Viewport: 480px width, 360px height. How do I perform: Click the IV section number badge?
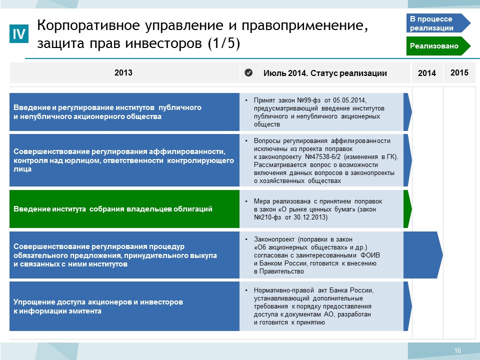coord(19,33)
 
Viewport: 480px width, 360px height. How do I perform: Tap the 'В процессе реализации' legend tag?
coord(438,23)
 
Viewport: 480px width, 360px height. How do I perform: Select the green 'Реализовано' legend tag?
coord(438,46)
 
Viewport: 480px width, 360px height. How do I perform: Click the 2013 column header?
coord(123,72)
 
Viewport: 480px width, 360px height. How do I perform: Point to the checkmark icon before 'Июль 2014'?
coord(248,72)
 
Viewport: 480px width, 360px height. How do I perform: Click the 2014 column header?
coord(427,73)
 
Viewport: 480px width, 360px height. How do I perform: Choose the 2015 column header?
coord(459,72)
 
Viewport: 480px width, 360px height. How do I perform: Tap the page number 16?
coord(457,350)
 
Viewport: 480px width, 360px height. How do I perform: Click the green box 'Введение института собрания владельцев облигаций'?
coord(124,209)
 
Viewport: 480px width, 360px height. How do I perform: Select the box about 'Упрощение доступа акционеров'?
coord(124,306)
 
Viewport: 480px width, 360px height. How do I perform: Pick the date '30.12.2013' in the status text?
coord(310,217)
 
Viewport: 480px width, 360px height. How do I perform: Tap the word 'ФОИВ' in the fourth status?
coord(370,255)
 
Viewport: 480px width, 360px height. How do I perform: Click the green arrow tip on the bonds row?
coord(411,209)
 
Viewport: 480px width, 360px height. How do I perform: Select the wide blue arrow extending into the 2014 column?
coord(423,255)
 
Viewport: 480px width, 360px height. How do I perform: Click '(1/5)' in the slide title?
coord(224,43)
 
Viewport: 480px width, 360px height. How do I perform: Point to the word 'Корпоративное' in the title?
coord(89,25)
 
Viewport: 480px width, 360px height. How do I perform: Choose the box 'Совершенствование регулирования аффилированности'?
coord(124,160)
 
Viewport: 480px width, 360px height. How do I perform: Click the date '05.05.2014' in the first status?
coord(350,100)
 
